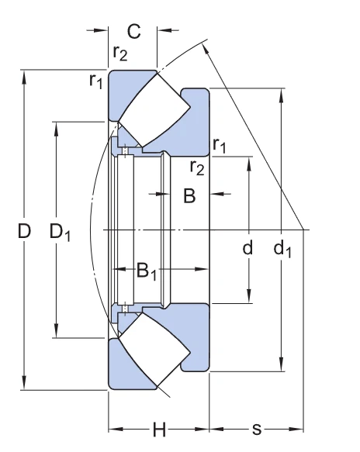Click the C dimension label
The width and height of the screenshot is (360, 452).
pos(133,32)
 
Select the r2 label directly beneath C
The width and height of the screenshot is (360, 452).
pos(119,53)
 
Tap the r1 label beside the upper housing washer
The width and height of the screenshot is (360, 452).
pos(95,81)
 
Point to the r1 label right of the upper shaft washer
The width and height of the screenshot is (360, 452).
pos(220,144)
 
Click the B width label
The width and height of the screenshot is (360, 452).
pos(189,196)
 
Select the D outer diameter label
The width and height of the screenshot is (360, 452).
pos(24,230)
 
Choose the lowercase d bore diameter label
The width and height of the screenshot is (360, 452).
pos(248,248)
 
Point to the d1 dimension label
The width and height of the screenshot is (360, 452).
pos(282,248)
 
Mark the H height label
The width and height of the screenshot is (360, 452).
pos(158,429)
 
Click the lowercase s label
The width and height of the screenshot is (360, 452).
pos(256,428)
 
